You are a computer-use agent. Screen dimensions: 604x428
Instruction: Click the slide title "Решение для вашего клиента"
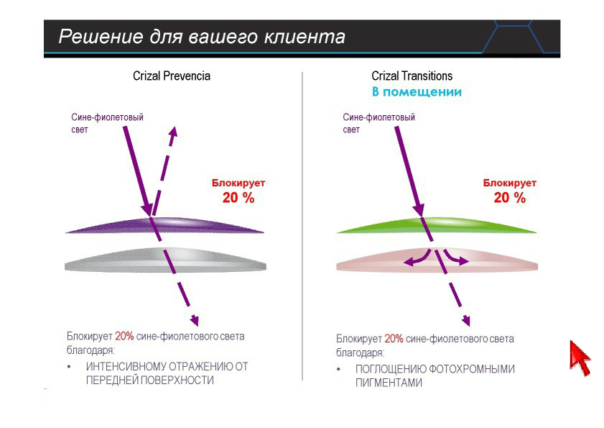[202, 37]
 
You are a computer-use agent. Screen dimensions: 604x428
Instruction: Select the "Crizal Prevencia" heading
[172, 76]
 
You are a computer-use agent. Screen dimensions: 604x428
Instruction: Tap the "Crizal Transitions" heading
[412, 76]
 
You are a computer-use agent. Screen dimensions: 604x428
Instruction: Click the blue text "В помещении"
[417, 92]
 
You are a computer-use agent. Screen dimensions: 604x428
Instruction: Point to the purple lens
[165, 225]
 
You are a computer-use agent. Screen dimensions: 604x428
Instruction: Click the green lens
[437, 225]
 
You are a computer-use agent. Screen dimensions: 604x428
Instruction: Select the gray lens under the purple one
[165, 260]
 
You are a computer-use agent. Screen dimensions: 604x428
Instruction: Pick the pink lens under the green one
[437, 260]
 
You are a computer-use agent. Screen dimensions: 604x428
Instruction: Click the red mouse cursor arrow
[580, 358]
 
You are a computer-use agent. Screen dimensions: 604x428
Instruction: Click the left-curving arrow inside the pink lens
[417, 259]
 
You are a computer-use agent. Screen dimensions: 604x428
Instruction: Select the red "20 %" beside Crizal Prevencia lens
[238, 198]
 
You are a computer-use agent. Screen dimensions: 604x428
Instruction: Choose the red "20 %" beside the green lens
[510, 198]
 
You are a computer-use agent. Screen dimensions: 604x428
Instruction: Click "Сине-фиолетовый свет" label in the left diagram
[107, 123]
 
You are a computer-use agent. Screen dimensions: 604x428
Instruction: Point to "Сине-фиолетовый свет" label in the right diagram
[378, 123]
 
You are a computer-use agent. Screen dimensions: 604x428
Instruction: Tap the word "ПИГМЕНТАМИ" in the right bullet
[389, 383]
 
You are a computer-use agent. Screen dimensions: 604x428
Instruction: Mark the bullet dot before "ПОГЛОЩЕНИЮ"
[338, 369]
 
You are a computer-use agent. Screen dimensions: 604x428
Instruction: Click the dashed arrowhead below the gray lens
[195, 320]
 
